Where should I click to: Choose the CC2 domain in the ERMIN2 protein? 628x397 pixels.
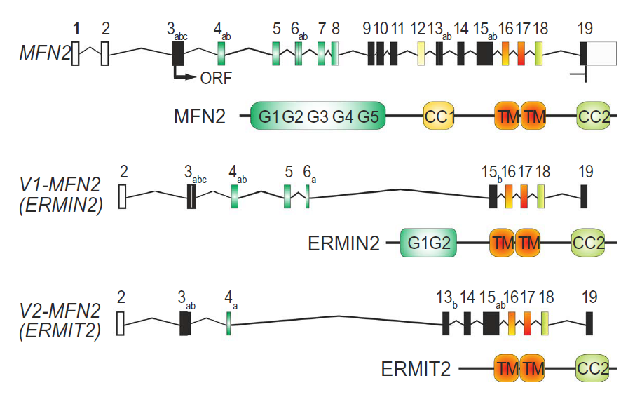588,243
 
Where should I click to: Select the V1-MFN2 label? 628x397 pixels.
59,184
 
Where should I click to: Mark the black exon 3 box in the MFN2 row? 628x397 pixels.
178,53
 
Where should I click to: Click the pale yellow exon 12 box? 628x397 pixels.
421,53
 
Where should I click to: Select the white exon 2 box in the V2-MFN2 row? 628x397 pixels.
121,323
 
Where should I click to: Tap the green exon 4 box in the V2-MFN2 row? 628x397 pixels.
229,323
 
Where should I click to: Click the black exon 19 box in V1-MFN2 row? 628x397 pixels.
584,197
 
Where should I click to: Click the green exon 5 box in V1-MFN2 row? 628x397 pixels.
288,197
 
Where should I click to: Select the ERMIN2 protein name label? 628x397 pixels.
343,243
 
